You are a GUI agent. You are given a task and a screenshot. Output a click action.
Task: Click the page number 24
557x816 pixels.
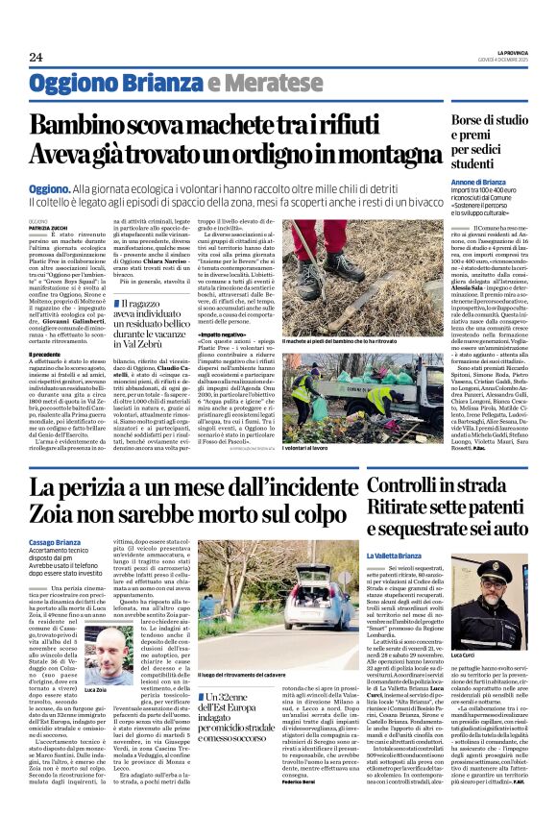(x=36, y=57)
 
